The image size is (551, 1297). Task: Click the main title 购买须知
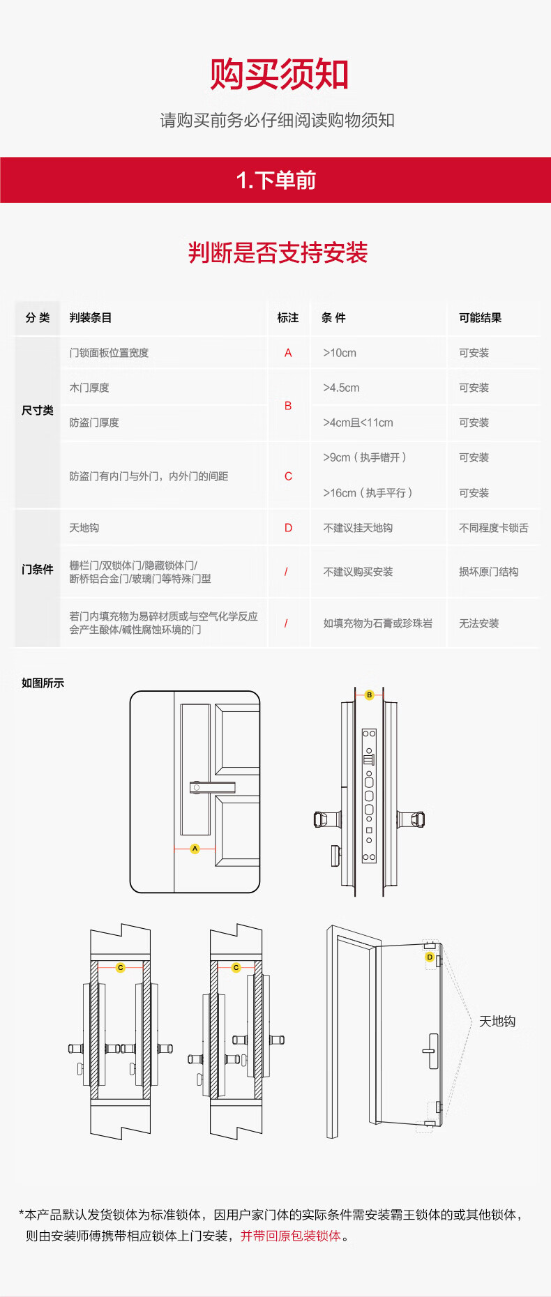[x=279, y=75]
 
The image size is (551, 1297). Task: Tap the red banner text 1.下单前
[x=276, y=181]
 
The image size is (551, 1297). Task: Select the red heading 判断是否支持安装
[x=278, y=252]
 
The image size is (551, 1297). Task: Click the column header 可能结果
[x=480, y=318]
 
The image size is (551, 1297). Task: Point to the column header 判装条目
[x=90, y=318]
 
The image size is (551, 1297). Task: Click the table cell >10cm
[x=340, y=353]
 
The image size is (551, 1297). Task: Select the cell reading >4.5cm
[x=341, y=388]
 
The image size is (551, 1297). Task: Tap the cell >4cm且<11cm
[x=358, y=423]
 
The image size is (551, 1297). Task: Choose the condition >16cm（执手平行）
[x=368, y=493]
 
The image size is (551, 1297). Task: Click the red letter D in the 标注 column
[x=288, y=528]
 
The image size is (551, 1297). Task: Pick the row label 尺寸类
[x=38, y=410]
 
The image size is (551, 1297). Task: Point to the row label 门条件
[x=38, y=569]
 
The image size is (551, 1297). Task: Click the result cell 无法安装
[x=478, y=623]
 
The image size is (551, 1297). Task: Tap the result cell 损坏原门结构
[x=488, y=572]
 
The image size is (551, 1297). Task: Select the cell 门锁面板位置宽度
[x=109, y=353]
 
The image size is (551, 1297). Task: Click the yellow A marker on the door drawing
[x=195, y=849]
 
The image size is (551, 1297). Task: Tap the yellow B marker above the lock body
[x=370, y=695]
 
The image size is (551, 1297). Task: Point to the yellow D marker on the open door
[x=430, y=957]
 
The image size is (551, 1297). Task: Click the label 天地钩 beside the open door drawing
[x=497, y=1022]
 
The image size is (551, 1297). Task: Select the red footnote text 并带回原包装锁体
[x=291, y=1236]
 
